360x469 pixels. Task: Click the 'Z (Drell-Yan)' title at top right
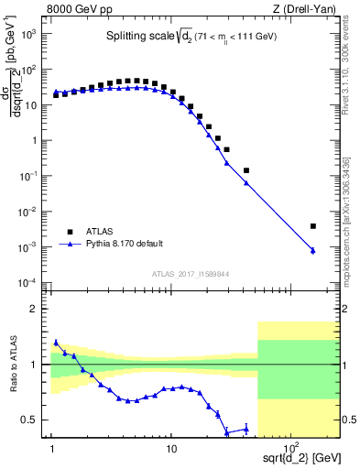306,9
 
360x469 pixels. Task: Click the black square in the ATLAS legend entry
68,231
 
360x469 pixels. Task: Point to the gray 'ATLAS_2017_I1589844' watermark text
190,272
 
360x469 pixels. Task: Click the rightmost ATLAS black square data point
313,226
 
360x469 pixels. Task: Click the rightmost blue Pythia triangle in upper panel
313,250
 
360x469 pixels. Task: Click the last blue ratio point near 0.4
245,428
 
